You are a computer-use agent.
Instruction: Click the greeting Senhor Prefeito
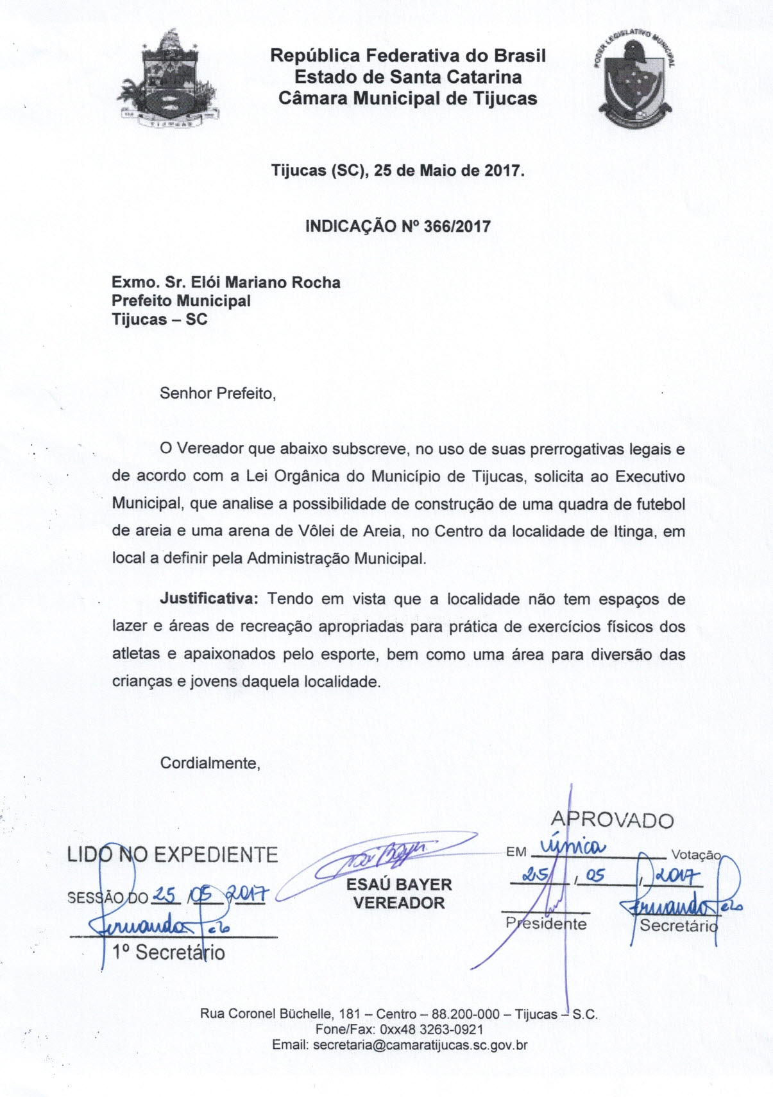coord(217,393)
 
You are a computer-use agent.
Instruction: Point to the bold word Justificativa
coord(208,599)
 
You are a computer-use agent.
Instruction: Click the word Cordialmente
coord(210,763)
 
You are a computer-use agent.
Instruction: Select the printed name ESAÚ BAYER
coord(398,884)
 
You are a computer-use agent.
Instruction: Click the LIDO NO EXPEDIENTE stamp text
coord(173,855)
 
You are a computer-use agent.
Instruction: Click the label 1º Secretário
coord(168,952)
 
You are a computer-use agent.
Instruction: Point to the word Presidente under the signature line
coord(546,924)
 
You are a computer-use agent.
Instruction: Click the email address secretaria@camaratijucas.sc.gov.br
coord(420,1045)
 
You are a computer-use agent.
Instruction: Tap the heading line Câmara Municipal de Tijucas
coord(408,98)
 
